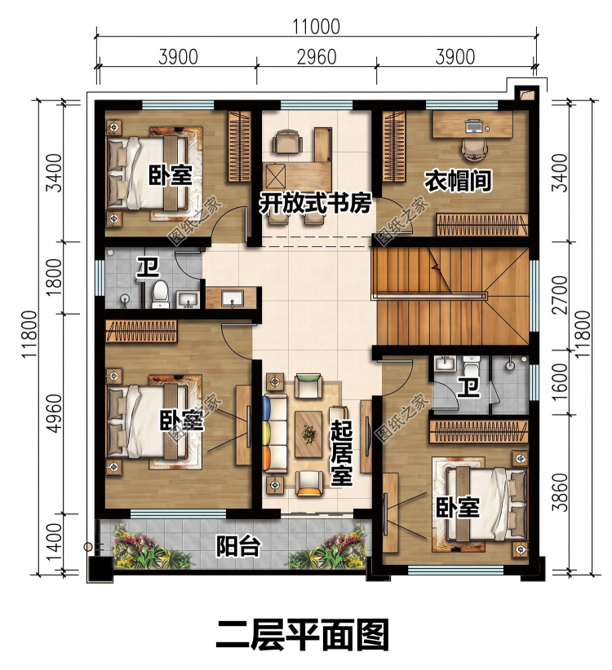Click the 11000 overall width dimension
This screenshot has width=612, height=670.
(x=316, y=27)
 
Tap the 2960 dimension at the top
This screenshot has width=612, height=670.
(x=317, y=57)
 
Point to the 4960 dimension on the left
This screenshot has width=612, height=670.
(x=55, y=413)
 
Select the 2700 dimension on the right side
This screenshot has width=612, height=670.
(x=560, y=295)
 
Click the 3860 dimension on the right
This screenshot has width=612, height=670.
(x=560, y=492)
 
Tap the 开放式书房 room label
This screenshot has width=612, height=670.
(x=315, y=204)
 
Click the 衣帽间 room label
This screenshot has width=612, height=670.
(x=458, y=181)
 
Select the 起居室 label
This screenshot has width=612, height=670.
(x=341, y=453)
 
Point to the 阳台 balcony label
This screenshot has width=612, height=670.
(x=237, y=545)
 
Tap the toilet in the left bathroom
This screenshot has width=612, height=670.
(x=161, y=293)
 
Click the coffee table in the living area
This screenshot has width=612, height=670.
(x=308, y=434)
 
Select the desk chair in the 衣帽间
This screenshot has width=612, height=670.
(x=474, y=149)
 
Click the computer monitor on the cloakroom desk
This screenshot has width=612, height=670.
(x=474, y=126)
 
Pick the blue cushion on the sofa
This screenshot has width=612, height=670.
(x=267, y=408)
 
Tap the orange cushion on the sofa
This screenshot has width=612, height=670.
(x=267, y=458)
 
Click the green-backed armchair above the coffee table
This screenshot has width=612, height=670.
(x=308, y=386)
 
